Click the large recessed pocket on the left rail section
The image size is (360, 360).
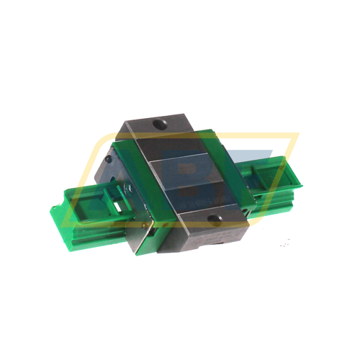pos(90,205)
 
